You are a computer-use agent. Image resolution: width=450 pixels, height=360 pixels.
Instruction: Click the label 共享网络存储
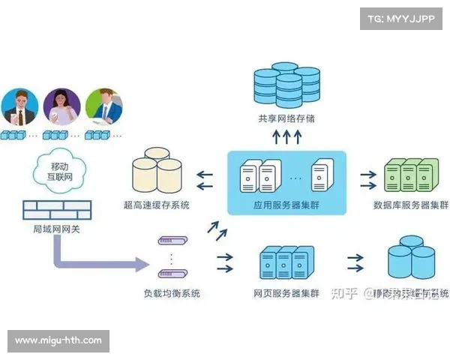[x=286, y=118]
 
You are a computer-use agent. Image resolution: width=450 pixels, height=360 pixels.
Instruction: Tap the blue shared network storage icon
[x=286, y=84]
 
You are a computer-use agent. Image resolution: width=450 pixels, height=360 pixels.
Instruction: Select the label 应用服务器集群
[x=286, y=205]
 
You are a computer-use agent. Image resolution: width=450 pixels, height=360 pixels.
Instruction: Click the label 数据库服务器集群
[x=410, y=205]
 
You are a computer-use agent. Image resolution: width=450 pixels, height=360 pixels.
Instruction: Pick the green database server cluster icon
[x=409, y=176]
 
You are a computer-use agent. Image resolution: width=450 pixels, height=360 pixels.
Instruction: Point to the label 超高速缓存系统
[x=157, y=205]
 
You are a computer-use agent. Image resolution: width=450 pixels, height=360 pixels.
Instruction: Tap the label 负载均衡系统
[x=172, y=292]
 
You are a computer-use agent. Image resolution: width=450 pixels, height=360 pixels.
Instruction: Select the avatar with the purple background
[x=61, y=107]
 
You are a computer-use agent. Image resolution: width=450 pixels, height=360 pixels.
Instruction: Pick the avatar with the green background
[x=103, y=107]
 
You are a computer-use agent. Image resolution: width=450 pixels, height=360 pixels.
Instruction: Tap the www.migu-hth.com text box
[x=59, y=340]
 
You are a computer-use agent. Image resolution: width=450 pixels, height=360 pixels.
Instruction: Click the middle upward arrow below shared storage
[x=286, y=136]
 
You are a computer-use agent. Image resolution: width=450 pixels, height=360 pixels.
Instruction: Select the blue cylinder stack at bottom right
[x=409, y=258]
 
